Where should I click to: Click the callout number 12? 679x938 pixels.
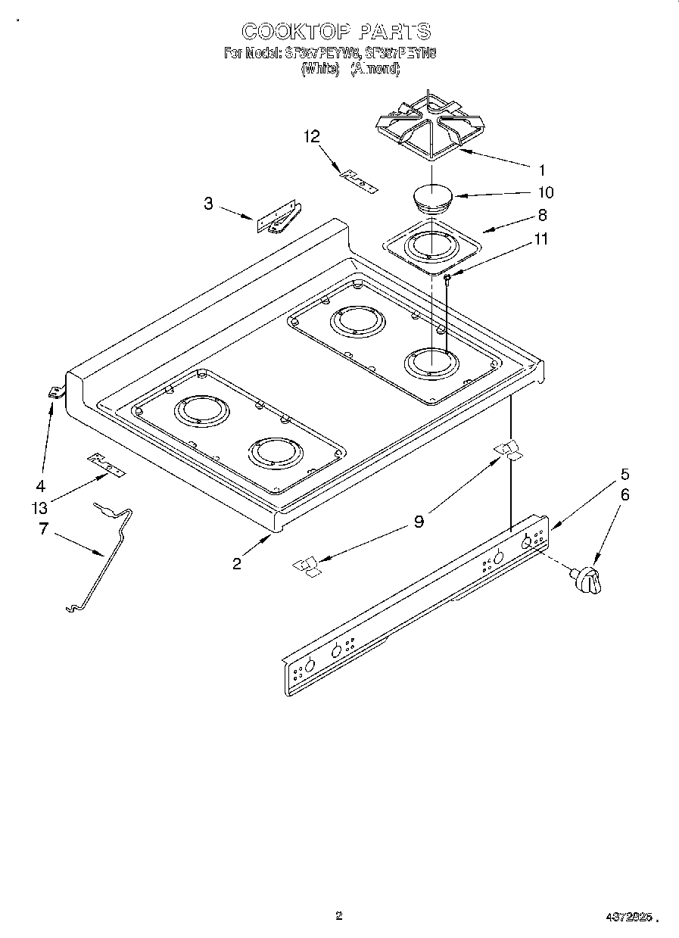coord(312,137)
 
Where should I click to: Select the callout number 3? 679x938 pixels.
coord(207,203)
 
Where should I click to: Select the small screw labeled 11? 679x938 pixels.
coord(447,279)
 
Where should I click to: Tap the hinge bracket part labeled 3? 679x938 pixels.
coord(278,218)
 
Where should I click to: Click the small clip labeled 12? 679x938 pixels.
coord(358,181)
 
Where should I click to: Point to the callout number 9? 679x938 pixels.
coord(419,522)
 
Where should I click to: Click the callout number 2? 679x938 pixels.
coord(237,564)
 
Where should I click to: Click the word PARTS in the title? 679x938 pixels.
coord(395,31)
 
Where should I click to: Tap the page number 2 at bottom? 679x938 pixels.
coord(339,916)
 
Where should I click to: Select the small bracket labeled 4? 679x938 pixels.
coord(55,391)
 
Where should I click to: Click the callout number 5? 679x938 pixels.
coord(624,475)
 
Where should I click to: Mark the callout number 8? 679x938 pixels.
coord(542,214)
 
